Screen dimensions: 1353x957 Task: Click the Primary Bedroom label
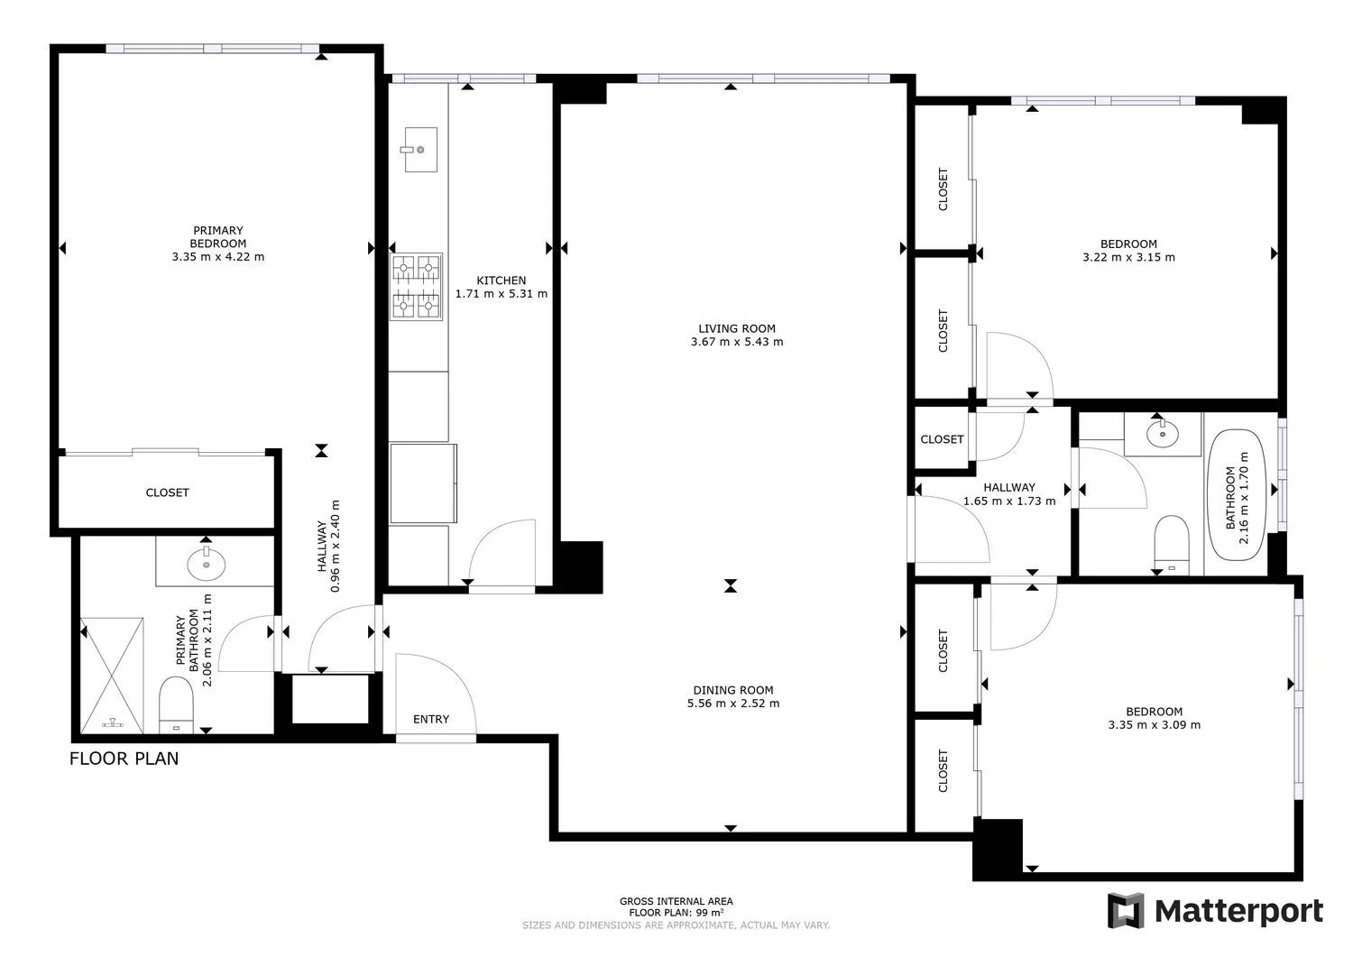[218, 237]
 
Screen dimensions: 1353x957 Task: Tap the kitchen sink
[420, 149]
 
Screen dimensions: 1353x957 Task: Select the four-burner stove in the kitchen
[416, 286]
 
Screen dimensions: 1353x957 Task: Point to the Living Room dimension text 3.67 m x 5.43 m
[737, 342]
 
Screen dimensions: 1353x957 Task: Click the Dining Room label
[732, 690]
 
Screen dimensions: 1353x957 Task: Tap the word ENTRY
[430, 719]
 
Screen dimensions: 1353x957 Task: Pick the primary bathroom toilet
[176, 705]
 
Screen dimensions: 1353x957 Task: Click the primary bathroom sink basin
[206, 565]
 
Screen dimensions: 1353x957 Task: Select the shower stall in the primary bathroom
[112, 676]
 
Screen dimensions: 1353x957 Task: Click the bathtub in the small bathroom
[1235, 495]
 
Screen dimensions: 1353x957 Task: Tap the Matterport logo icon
[1126, 910]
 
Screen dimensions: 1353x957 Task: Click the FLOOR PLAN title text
[124, 759]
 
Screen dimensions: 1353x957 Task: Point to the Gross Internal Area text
[676, 901]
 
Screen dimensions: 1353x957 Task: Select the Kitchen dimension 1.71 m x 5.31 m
[502, 294]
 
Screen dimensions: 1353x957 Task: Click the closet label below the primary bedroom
[167, 493]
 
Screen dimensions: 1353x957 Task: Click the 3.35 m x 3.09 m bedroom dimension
[1155, 725]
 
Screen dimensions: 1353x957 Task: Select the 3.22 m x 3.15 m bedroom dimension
[1128, 257]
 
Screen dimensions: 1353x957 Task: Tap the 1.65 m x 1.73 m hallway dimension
[1009, 501]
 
